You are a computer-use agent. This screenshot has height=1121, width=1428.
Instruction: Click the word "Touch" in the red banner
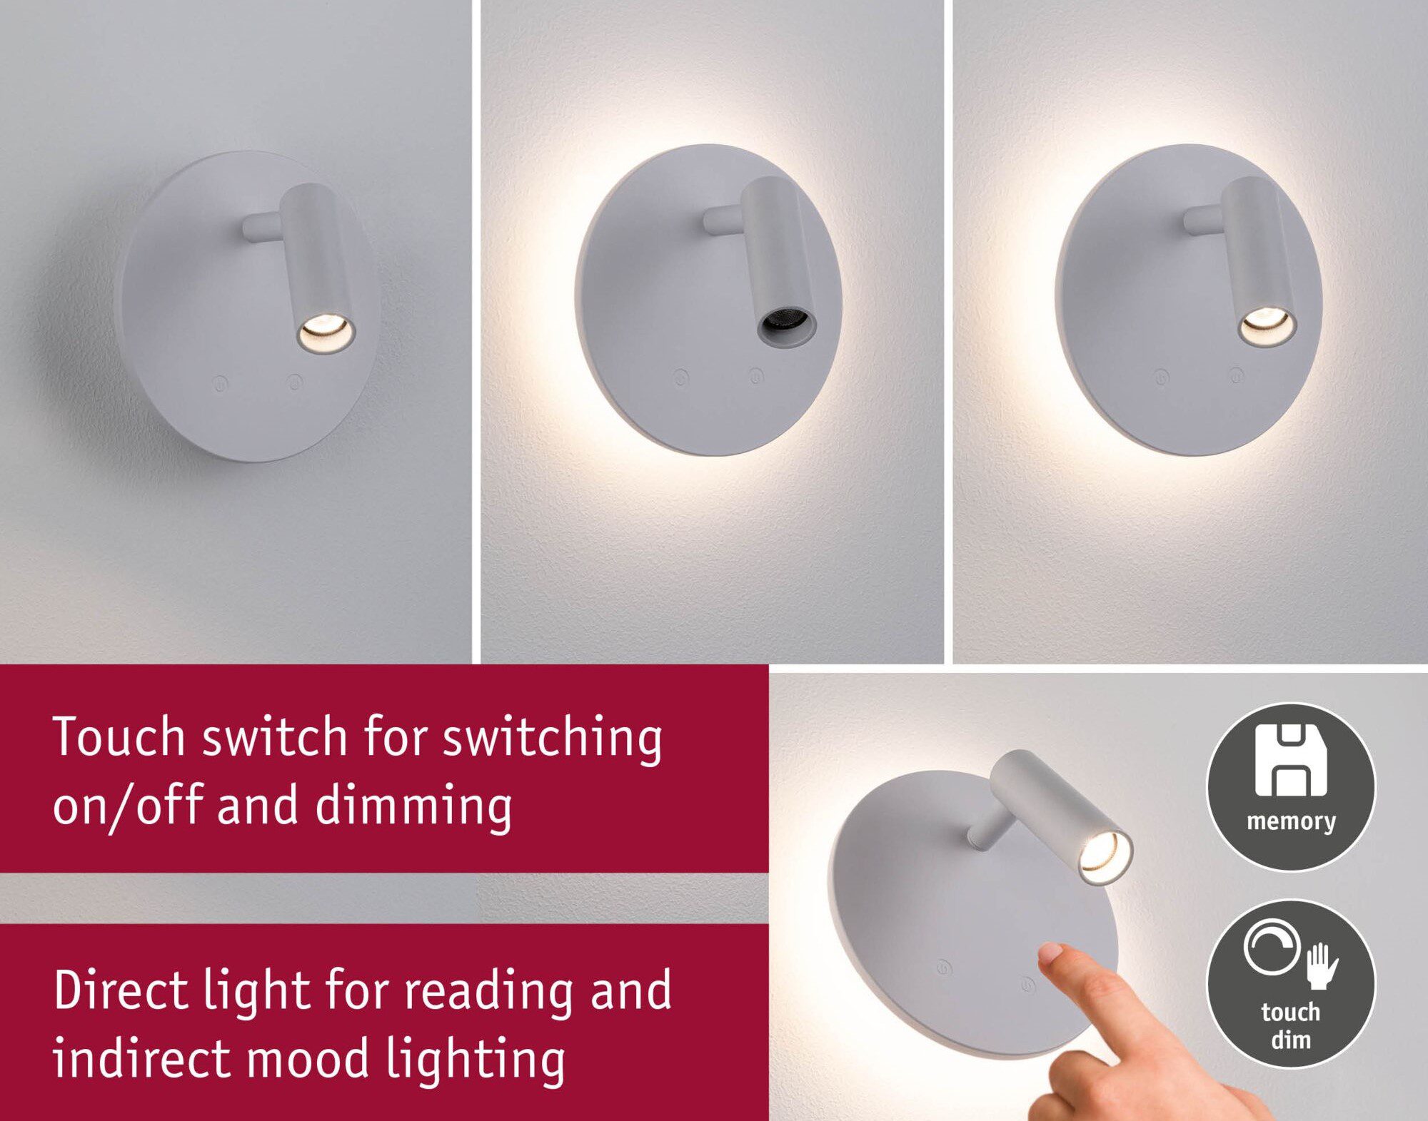(119, 736)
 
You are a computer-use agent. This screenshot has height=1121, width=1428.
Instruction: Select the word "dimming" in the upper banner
(413, 805)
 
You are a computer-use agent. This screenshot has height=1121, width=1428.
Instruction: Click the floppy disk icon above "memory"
(1290, 761)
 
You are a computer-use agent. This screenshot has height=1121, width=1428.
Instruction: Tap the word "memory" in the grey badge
(1291, 821)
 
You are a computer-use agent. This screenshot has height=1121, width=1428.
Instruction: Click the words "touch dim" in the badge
(1290, 1025)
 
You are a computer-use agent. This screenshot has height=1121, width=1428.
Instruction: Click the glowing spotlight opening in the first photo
(326, 330)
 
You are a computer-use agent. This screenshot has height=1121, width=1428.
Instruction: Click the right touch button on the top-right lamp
(1236, 373)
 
